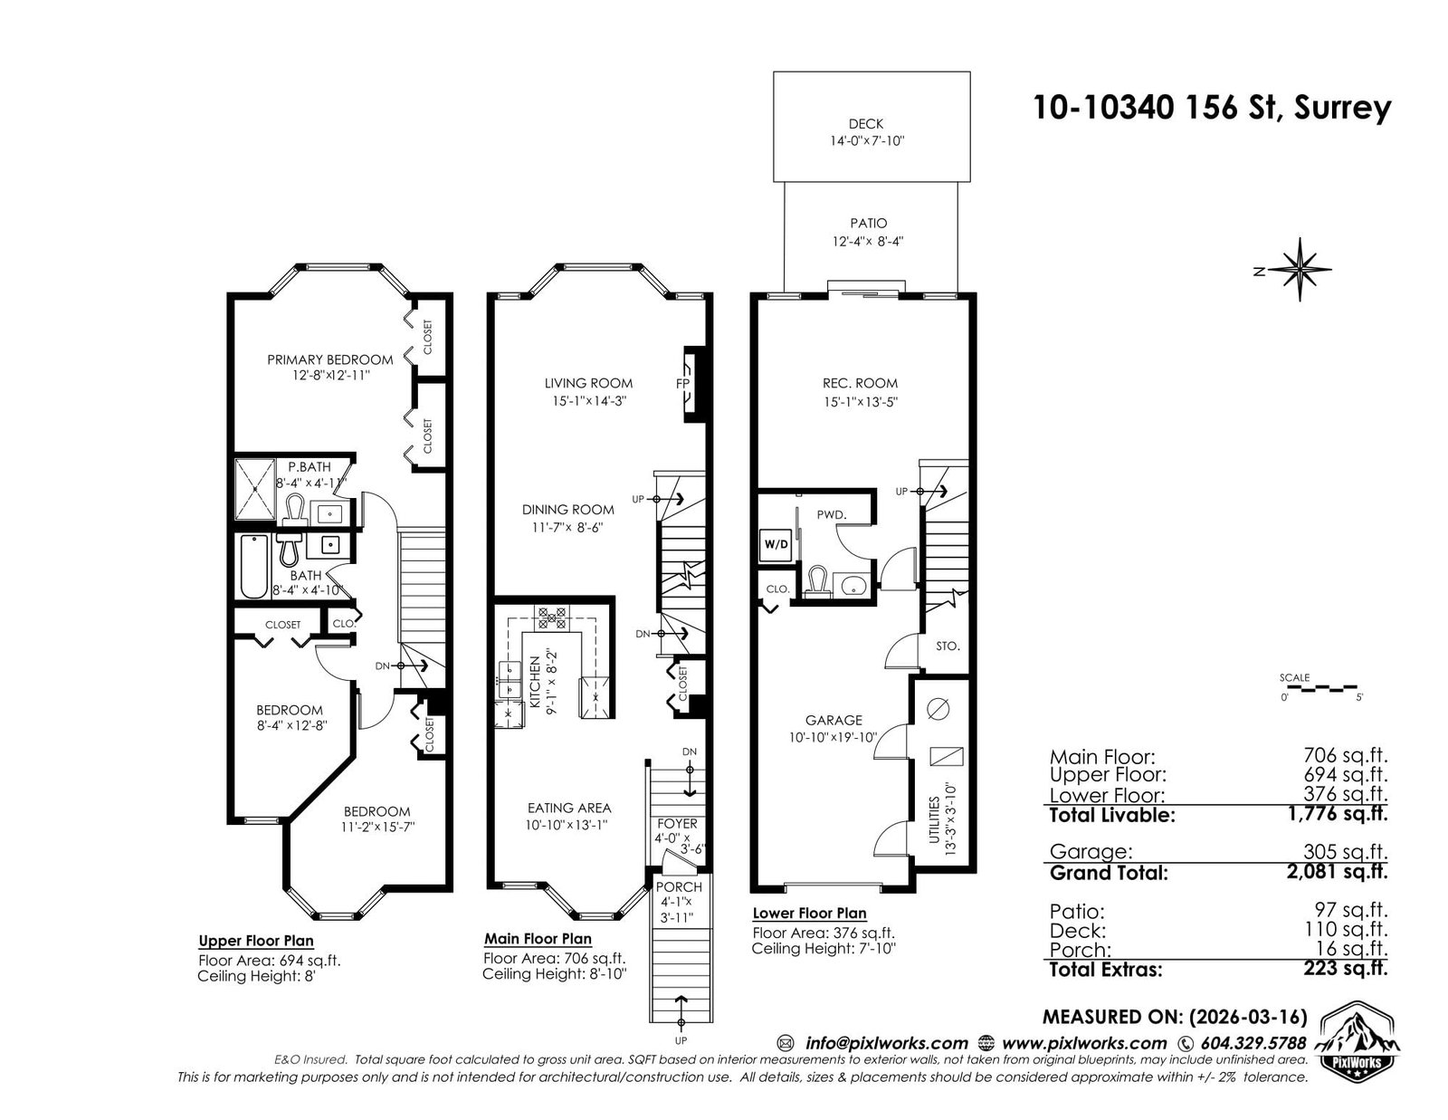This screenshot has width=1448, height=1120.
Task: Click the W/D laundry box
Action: tap(776, 544)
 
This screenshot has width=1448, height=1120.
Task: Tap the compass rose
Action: tap(1300, 270)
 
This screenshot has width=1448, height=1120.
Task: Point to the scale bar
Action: tap(1321, 687)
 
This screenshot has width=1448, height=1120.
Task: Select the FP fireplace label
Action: tap(681, 383)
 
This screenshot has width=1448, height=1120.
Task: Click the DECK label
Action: tap(865, 123)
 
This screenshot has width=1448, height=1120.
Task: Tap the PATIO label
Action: tap(868, 224)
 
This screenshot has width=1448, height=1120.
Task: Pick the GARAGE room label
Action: tap(834, 720)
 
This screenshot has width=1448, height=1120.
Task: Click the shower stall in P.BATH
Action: tap(255, 489)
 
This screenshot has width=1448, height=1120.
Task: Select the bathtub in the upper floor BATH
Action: tap(254, 567)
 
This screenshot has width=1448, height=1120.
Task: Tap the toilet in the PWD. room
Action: tap(817, 582)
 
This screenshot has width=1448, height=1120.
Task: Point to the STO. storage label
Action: tap(947, 646)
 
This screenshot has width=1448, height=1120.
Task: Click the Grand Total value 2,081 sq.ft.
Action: tap(1337, 871)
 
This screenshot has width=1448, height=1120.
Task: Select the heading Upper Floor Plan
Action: tap(256, 941)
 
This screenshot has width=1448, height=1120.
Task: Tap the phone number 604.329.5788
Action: tap(1253, 1043)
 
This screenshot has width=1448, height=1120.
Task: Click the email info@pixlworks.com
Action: tap(886, 1043)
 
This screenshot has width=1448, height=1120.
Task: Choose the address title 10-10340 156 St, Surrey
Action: tap(1212, 108)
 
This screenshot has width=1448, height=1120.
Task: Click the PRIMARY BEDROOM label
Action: tap(329, 360)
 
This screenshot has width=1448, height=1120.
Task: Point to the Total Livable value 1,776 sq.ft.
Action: tap(1337, 813)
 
